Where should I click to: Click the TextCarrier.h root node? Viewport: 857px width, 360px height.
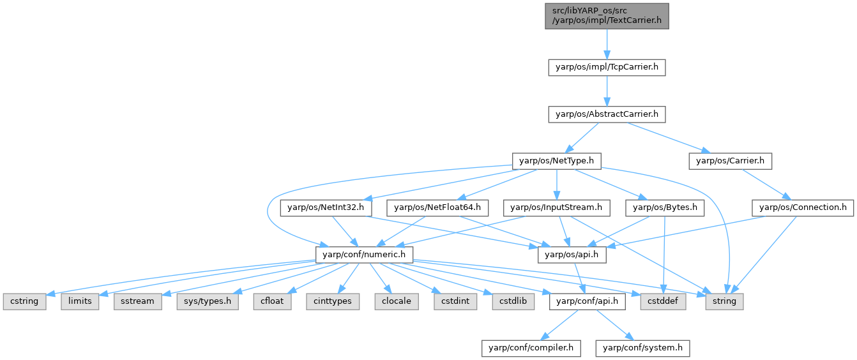tap(606, 15)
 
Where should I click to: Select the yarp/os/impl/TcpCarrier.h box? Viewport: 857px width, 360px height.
tap(607, 67)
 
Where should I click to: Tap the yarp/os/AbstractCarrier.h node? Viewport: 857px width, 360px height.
tap(607, 114)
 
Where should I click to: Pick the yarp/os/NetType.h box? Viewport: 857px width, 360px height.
tap(557, 161)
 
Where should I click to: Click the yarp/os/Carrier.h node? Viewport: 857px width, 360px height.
tap(730, 161)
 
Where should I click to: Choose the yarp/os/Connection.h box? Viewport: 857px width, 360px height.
tap(803, 207)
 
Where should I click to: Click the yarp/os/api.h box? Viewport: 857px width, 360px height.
tap(572, 254)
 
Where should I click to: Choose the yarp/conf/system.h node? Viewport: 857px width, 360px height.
tap(642, 348)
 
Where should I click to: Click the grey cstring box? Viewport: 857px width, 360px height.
tap(24, 301)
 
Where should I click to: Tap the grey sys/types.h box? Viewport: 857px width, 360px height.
tap(208, 301)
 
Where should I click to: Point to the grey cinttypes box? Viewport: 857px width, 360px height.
tap(332, 301)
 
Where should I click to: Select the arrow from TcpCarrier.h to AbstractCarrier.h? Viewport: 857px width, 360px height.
tap(606, 91)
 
